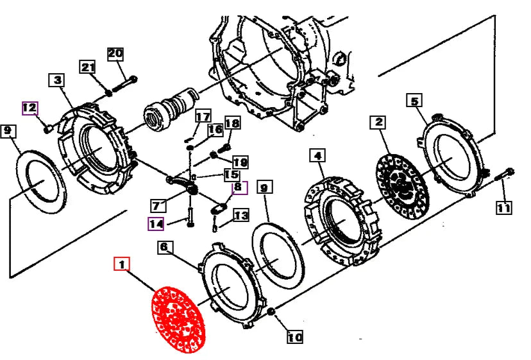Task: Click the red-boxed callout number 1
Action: point(122,264)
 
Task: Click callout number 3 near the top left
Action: point(57,80)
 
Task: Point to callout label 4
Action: point(317,155)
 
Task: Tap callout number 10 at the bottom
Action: point(294,336)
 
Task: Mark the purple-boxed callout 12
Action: point(30,107)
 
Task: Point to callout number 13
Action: point(240,216)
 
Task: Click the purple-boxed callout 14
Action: point(156,224)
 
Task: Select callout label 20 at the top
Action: point(115,53)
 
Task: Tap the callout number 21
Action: point(88,67)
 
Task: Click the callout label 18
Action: point(232,123)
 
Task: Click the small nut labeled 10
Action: point(271,313)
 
